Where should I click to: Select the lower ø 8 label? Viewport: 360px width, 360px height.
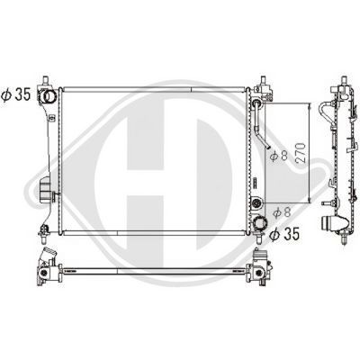pos(281,212)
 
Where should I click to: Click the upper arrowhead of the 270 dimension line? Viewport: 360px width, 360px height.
pos(311,106)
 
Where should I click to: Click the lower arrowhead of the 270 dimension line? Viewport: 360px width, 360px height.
pos(311,199)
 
